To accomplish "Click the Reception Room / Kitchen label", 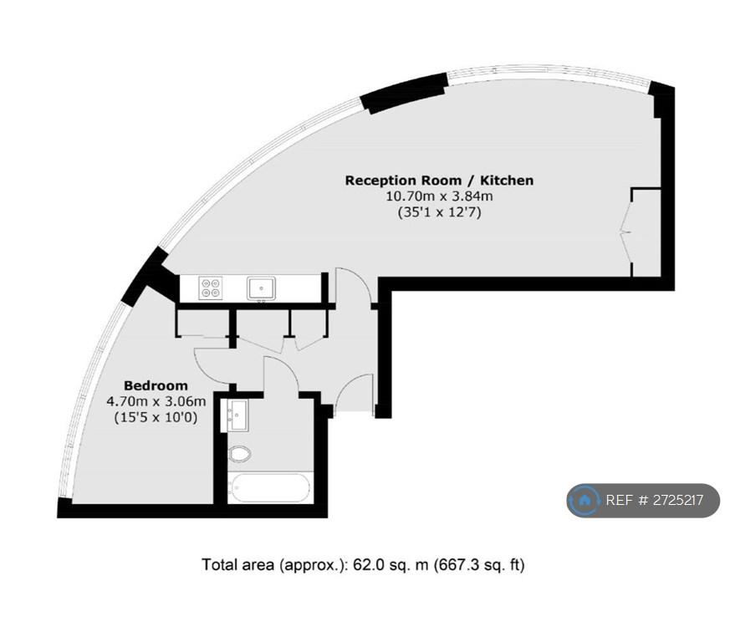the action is point(439,181).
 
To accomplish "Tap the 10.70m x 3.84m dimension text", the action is point(439,196).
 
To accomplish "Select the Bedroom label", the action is point(156,385).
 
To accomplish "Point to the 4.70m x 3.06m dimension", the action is point(156,401).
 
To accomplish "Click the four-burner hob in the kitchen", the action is point(210,288).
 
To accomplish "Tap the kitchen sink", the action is point(261,288).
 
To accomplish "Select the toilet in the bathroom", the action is point(239,453).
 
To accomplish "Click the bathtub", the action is point(269,487).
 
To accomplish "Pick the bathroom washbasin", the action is point(238,415).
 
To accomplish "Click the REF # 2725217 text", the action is point(655,500).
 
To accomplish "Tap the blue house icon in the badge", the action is point(584,501).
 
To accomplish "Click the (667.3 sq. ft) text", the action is point(479,565).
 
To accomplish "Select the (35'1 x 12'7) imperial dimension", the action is point(439,212).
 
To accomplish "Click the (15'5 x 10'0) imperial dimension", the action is point(156,417).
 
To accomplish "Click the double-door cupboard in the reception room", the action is point(646,232).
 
